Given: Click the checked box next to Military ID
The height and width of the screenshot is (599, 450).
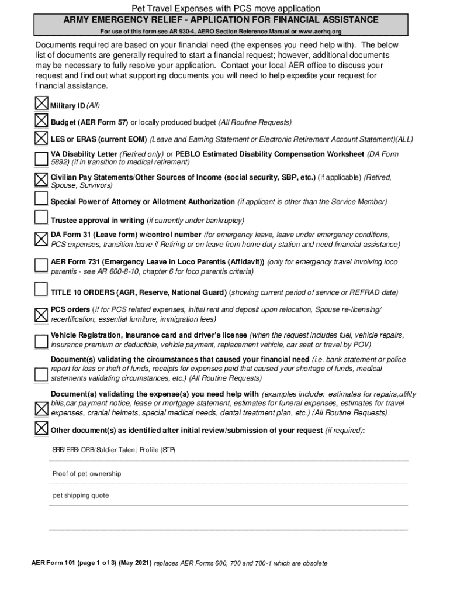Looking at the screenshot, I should (x=41, y=104).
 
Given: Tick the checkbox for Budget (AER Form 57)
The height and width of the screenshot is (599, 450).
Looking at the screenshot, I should (x=41, y=121).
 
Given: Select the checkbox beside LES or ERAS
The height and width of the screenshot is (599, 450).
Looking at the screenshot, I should (x=41, y=139).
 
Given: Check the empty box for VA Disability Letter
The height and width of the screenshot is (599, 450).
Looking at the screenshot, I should (x=41, y=158).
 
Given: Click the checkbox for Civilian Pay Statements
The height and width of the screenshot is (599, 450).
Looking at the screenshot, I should (x=41, y=178).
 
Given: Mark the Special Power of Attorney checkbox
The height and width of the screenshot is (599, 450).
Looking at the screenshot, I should (x=41, y=199).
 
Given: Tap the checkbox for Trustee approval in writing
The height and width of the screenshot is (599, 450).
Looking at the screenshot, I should (x=41, y=218).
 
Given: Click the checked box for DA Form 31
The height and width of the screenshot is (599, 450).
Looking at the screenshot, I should (x=41, y=238).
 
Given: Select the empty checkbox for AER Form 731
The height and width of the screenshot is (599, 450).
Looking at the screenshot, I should (x=41, y=265).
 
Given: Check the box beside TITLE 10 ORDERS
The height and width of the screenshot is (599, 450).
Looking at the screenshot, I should (x=41, y=290).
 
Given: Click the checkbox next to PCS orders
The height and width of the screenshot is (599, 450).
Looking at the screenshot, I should (x=41, y=314).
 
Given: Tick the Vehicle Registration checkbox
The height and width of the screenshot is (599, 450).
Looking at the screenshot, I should (x=41, y=340).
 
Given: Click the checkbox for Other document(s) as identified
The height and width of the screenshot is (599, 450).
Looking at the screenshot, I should (x=41, y=428).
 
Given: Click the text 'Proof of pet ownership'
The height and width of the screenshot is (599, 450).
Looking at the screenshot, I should (x=86, y=474).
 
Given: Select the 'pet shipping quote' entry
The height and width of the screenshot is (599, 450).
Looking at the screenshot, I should (x=81, y=495).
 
